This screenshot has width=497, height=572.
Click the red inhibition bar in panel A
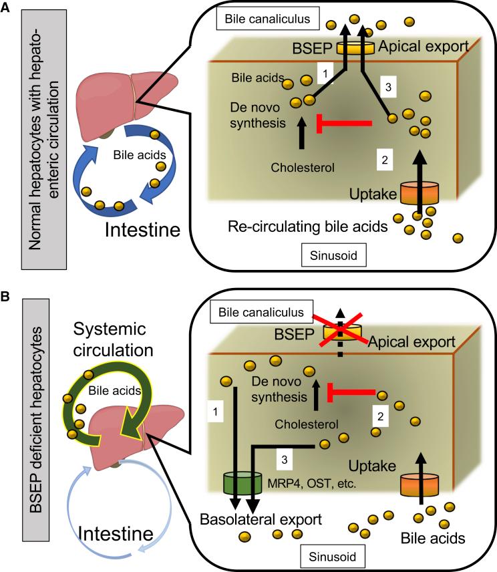point(347,122)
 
